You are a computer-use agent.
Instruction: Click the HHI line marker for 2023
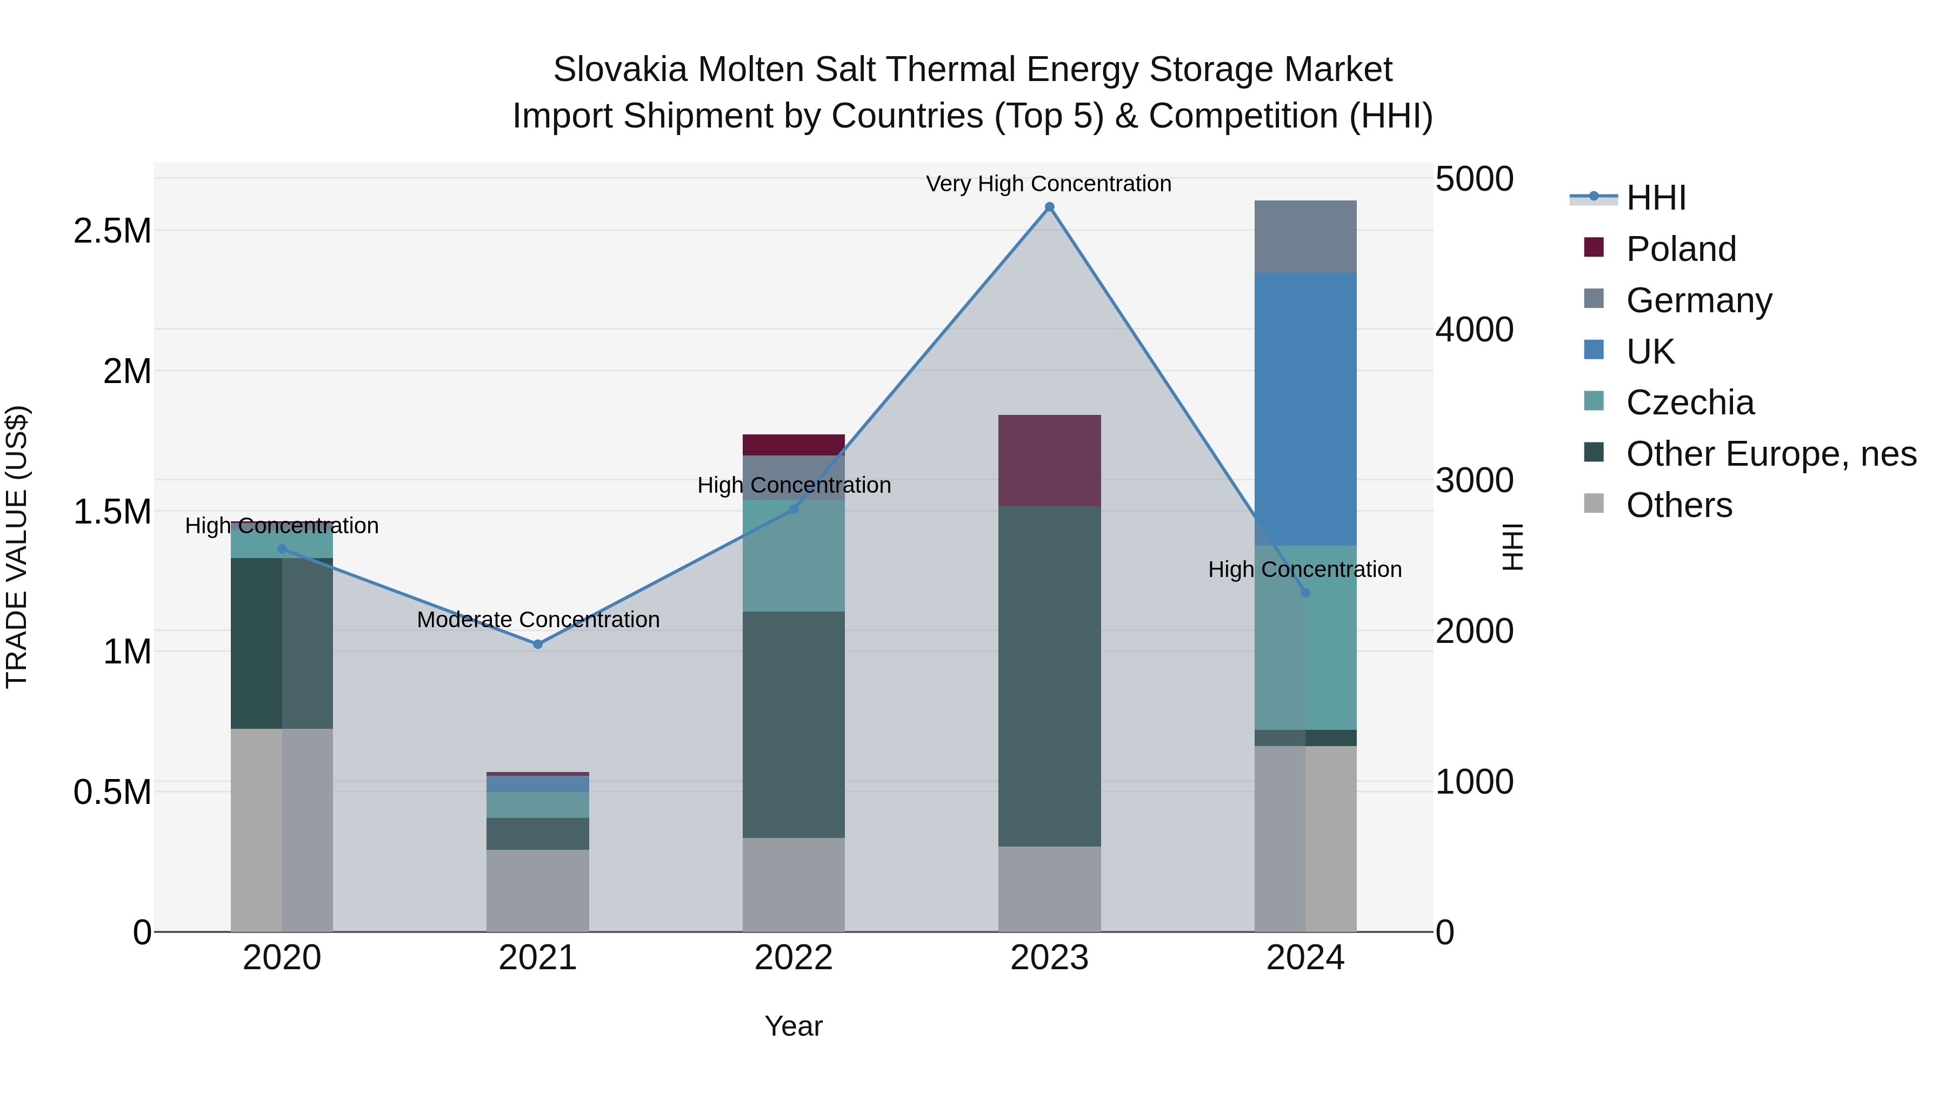click(1049, 207)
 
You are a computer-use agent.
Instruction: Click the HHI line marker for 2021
click(538, 644)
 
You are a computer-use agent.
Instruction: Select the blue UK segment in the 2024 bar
click(1305, 408)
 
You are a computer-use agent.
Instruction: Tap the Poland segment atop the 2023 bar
click(1049, 460)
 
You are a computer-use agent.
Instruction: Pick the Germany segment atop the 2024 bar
click(1305, 236)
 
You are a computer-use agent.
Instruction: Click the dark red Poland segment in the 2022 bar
click(793, 445)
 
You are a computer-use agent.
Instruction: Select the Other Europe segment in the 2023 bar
click(1049, 676)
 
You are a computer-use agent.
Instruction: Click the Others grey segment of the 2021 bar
click(538, 890)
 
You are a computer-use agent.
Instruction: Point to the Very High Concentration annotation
click(1049, 184)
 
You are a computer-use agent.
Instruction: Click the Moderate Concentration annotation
click(538, 619)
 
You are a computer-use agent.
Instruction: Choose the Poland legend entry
click(1681, 249)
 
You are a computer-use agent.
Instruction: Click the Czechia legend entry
click(1690, 402)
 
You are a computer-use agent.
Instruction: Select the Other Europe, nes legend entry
click(1771, 454)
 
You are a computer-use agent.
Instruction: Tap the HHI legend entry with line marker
click(1655, 198)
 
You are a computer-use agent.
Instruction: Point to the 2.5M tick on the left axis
click(112, 230)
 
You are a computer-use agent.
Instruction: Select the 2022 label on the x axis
click(793, 958)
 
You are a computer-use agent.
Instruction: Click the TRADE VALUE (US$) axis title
click(17, 547)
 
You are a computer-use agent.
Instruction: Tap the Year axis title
click(793, 1026)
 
